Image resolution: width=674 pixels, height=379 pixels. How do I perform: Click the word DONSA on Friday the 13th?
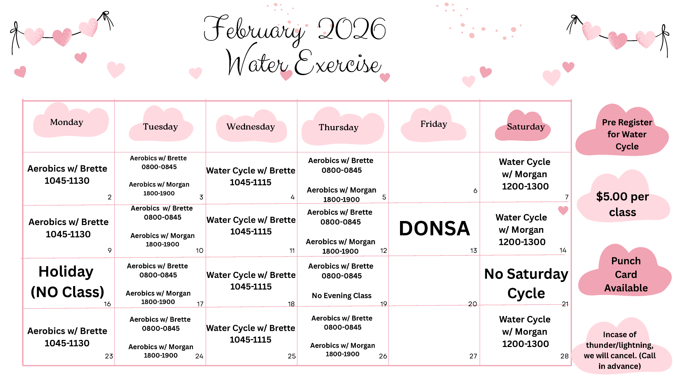click(x=434, y=228)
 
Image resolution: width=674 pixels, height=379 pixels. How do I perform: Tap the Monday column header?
click(x=67, y=122)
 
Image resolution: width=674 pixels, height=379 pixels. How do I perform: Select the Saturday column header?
click(x=526, y=127)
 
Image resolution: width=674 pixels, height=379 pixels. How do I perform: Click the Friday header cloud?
click(x=433, y=124)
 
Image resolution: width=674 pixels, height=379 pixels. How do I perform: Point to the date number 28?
click(x=564, y=356)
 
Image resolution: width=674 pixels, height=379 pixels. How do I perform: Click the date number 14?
click(x=563, y=250)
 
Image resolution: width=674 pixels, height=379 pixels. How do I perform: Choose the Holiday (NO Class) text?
click(x=67, y=282)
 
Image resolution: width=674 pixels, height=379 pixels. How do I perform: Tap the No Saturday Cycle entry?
click(x=526, y=283)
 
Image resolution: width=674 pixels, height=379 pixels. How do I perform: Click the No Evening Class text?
click(x=341, y=295)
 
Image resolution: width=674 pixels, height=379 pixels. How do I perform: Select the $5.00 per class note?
click(x=622, y=204)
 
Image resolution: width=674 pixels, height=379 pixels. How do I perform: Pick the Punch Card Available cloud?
click(x=626, y=274)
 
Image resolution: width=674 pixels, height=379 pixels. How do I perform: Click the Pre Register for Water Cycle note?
click(x=627, y=134)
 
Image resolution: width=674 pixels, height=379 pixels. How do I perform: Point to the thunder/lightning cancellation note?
click(x=620, y=350)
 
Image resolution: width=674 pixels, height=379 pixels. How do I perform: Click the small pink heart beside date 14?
click(x=563, y=211)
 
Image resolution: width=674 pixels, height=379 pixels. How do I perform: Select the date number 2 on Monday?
click(x=110, y=197)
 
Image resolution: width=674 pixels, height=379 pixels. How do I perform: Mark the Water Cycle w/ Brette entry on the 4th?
click(x=251, y=176)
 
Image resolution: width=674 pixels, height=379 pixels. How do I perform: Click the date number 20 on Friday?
click(x=472, y=304)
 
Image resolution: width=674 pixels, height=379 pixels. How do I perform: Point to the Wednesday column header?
click(x=251, y=127)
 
